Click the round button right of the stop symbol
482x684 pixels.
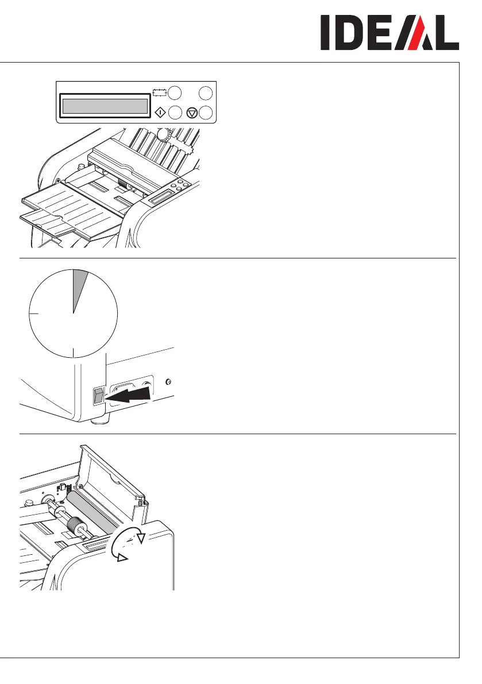tap(207, 113)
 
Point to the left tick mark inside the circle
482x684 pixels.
tap(33, 314)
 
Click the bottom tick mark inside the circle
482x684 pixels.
tap(74, 353)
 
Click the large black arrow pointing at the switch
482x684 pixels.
tap(130, 395)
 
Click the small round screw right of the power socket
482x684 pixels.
tap(168, 381)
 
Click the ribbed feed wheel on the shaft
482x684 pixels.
tap(74, 525)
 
